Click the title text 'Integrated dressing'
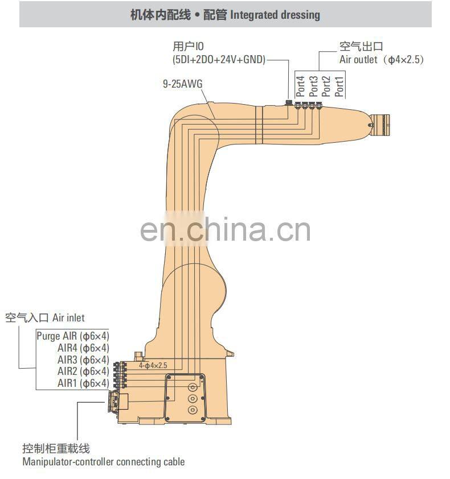275,15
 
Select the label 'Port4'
300,86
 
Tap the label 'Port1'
339,86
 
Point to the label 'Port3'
313,86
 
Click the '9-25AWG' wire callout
182,84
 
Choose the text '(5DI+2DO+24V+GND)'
219,59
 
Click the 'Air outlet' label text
359,59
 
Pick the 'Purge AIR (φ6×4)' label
73,335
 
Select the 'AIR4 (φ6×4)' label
83,348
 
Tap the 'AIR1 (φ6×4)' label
83,383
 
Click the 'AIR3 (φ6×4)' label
83,360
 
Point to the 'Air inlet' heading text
68,317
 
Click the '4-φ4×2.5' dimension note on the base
153,365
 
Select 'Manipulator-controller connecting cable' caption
103,461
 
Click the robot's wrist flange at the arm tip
380,122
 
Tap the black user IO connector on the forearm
288,104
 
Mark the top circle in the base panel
193,385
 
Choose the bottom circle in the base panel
193,410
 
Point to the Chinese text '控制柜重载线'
56,449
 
